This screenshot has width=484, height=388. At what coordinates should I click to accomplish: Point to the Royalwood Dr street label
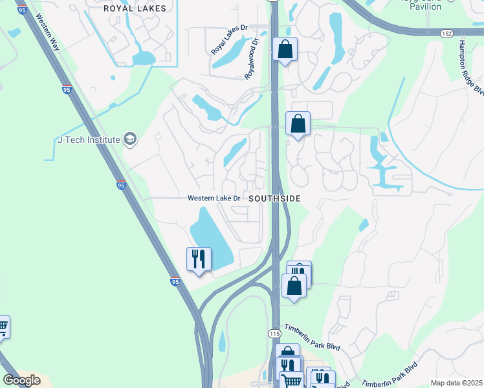pos(250,58)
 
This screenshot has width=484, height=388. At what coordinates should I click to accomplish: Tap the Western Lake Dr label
pos(214,199)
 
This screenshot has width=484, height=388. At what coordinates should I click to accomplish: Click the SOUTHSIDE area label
pos(275,199)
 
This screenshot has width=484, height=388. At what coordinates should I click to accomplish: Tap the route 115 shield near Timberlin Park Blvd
pos(274,332)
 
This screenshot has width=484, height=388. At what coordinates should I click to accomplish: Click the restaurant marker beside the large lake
pos(199,259)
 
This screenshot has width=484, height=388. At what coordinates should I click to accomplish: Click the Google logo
pos(21,380)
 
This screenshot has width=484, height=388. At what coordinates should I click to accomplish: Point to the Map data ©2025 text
pos(456,383)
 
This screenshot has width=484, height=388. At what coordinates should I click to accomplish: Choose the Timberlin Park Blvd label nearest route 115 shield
pos(312,339)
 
